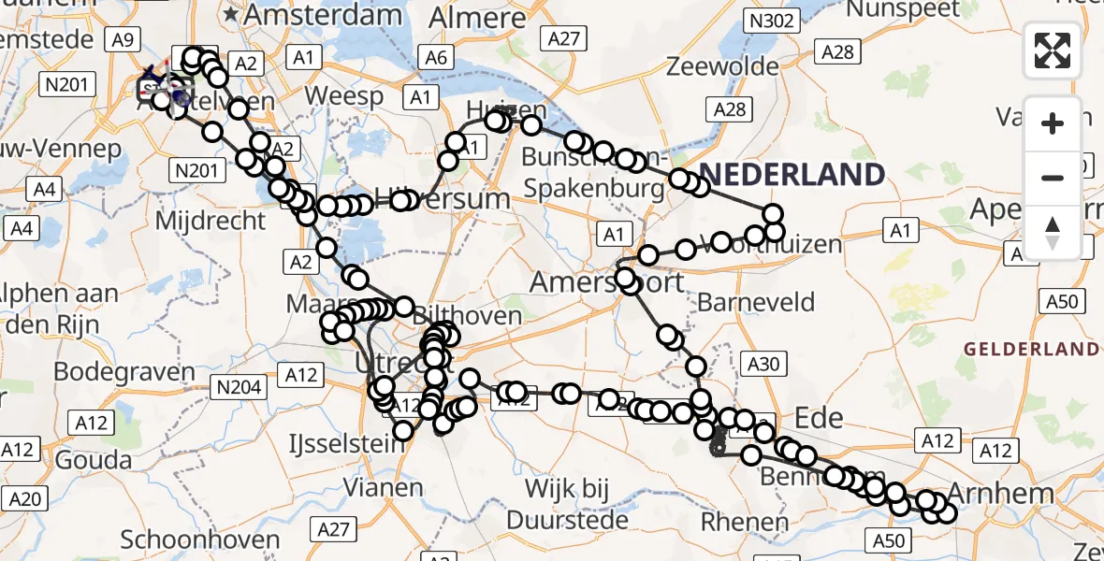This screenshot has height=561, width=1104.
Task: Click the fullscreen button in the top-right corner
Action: (1053, 50)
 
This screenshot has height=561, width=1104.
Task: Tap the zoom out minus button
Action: (1053, 178)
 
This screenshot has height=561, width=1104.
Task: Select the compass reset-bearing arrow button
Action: (1053, 232)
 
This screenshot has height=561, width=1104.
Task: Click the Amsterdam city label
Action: (322, 15)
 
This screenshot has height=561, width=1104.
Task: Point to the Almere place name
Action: (479, 17)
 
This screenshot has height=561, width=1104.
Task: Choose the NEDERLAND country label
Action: (792, 174)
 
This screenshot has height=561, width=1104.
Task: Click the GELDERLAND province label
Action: (1032, 349)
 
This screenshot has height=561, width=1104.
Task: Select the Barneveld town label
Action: (756, 302)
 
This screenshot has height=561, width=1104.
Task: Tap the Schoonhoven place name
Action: (200, 539)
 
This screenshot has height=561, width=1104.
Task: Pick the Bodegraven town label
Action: (123, 370)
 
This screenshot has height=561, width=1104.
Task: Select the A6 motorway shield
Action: (436, 57)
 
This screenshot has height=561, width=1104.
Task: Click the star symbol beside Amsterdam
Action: (230, 15)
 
